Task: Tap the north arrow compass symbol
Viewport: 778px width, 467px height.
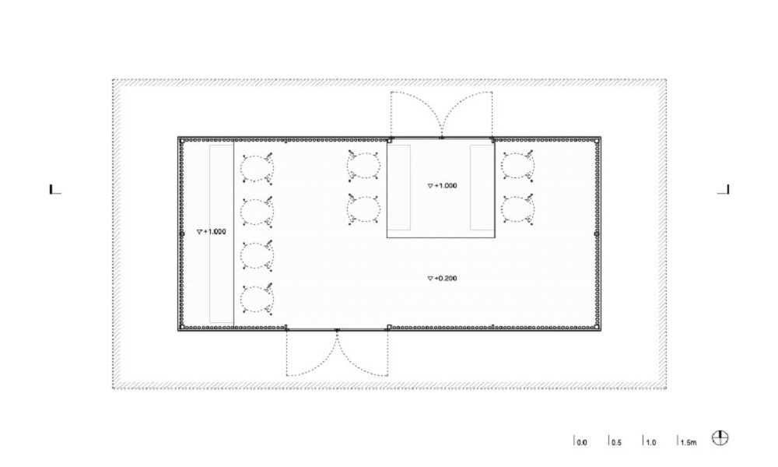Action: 720,437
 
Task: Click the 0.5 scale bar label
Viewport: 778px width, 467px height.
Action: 616,442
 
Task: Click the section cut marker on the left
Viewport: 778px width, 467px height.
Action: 55,189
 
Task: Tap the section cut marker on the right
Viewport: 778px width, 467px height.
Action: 724,189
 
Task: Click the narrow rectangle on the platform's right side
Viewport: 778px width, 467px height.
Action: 482,188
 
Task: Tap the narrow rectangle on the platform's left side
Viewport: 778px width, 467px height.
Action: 399,188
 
